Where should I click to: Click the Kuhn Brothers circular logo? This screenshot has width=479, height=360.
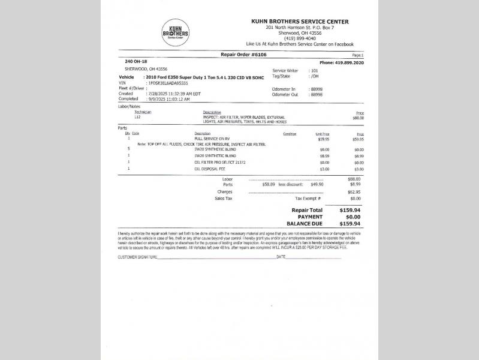pyautogui.click(x=175, y=33)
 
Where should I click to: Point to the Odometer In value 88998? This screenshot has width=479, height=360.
pyautogui.click(x=316, y=89)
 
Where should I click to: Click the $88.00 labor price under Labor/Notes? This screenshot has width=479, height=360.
pyautogui.click(x=358, y=118)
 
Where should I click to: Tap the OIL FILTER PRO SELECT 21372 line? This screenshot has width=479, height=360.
pyautogui.click(x=220, y=162)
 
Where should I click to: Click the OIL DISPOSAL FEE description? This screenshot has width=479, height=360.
pyautogui.click(x=209, y=169)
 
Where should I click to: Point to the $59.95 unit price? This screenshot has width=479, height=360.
pyautogui.click(x=324, y=139)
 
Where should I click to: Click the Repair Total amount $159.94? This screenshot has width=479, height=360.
pyautogui.click(x=350, y=211)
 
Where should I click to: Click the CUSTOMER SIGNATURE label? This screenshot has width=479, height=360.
pyautogui.click(x=137, y=257)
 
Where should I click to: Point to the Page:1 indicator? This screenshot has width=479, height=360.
pyautogui.click(x=358, y=55)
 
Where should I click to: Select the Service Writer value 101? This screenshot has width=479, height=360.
pyautogui.click(x=314, y=71)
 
